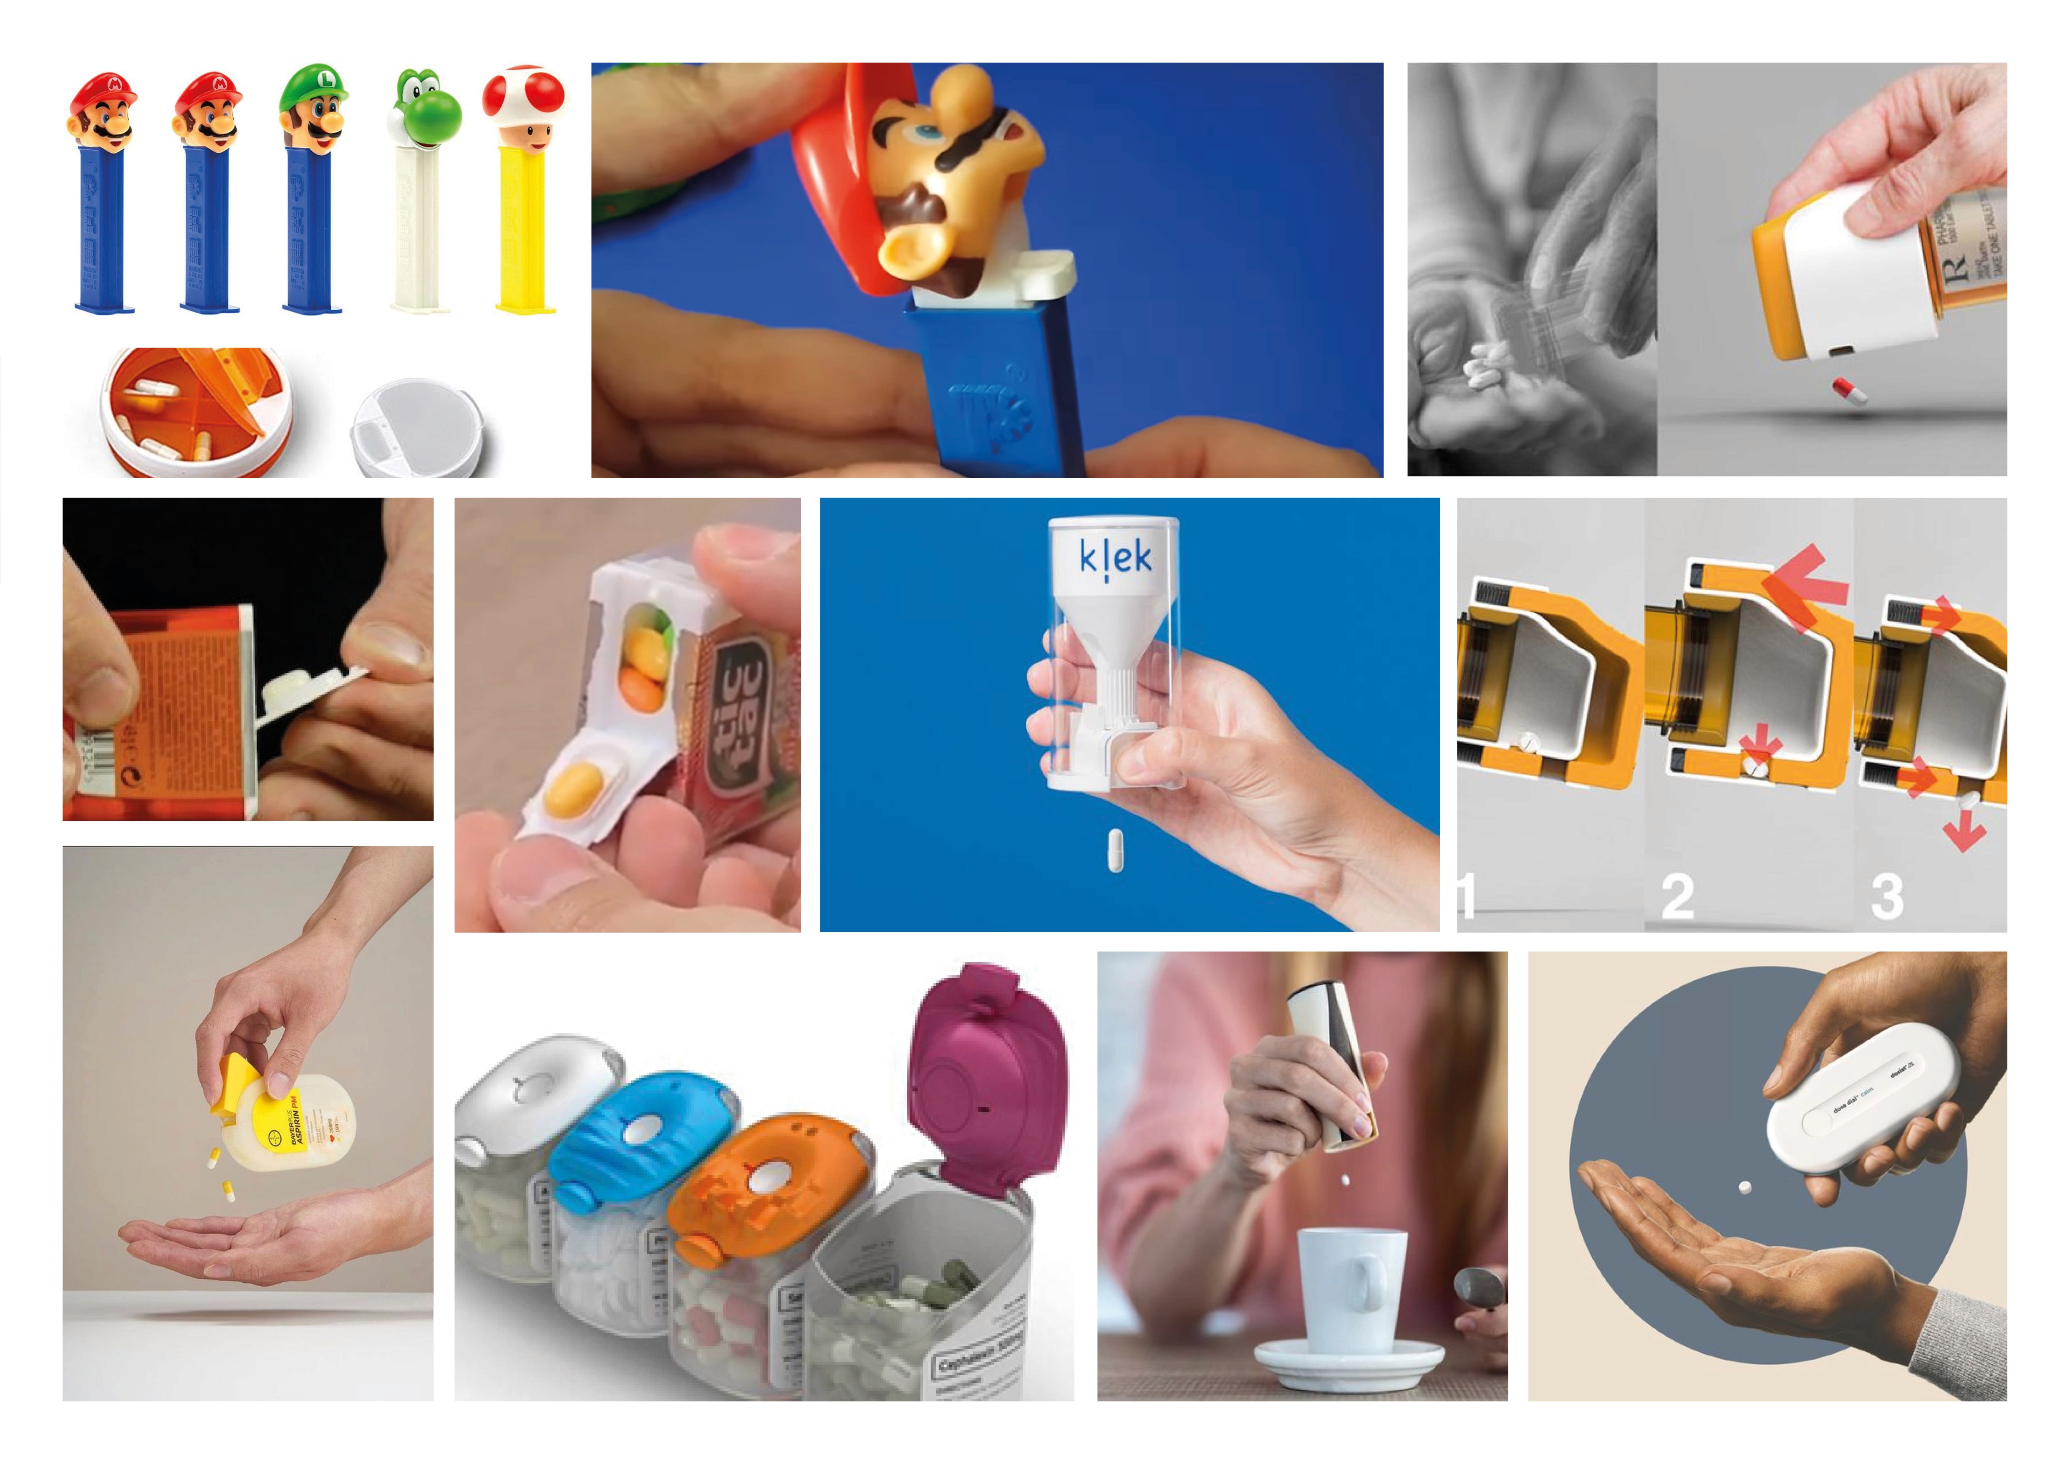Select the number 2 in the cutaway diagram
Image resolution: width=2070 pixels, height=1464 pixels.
click(1678, 897)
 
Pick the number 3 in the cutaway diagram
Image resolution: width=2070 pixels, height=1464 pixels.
click(1886, 897)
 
